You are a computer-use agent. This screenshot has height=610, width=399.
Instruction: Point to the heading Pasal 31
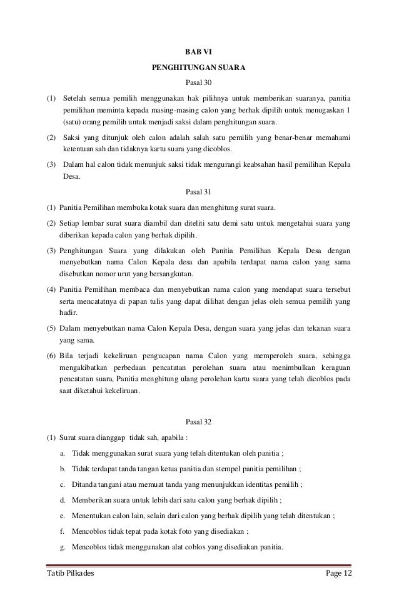click(199, 192)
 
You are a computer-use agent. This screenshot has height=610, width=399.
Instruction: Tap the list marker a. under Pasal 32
click(63, 453)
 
